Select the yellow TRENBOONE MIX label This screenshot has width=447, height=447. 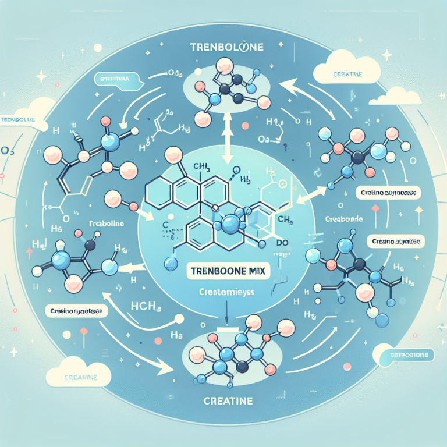coord(222,270)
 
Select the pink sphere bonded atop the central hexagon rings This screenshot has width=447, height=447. coord(173,155)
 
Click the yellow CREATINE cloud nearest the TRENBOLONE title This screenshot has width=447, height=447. coord(339,73)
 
